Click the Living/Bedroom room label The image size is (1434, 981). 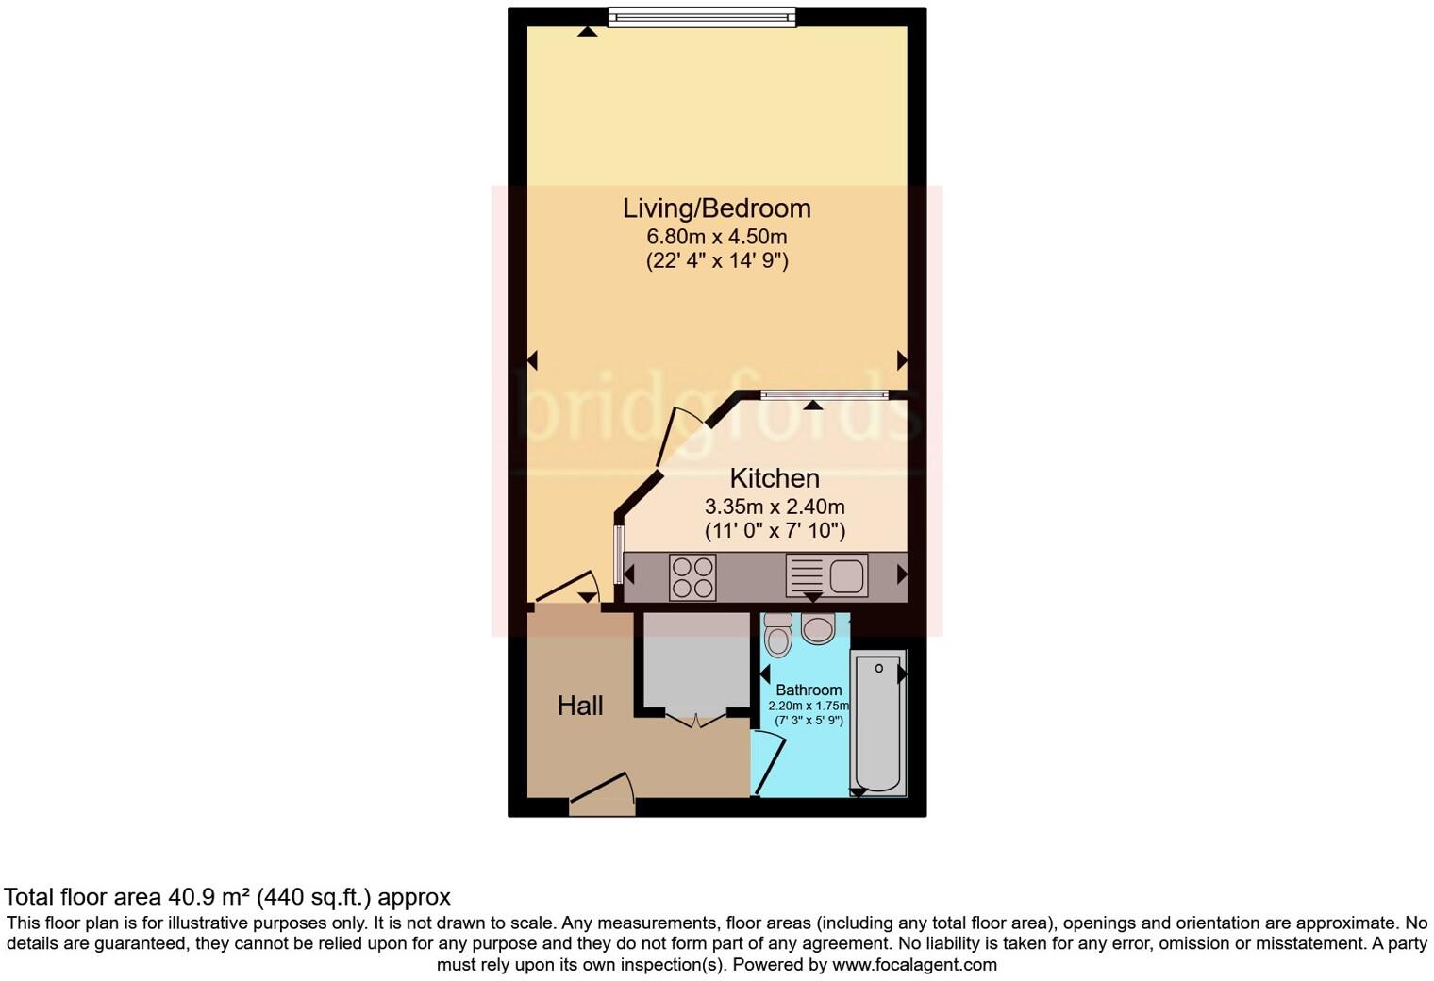point(717,208)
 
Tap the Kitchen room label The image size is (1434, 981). point(775,477)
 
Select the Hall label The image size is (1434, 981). point(579,706)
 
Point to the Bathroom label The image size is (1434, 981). point(809,690)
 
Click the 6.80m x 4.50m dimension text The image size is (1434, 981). point(717,236)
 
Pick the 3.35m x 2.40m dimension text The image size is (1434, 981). point(775,507)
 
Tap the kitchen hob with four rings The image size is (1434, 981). point(692,577)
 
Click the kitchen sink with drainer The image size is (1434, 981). point(826,575)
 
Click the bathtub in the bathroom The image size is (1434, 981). point(878,722)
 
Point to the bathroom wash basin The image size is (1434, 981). point(817,629)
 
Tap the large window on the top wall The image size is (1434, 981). point(702,17)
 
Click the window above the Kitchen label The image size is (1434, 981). point(824,396)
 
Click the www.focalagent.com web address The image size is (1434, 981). point(914,965)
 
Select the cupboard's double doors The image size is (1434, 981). point(696,721)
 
